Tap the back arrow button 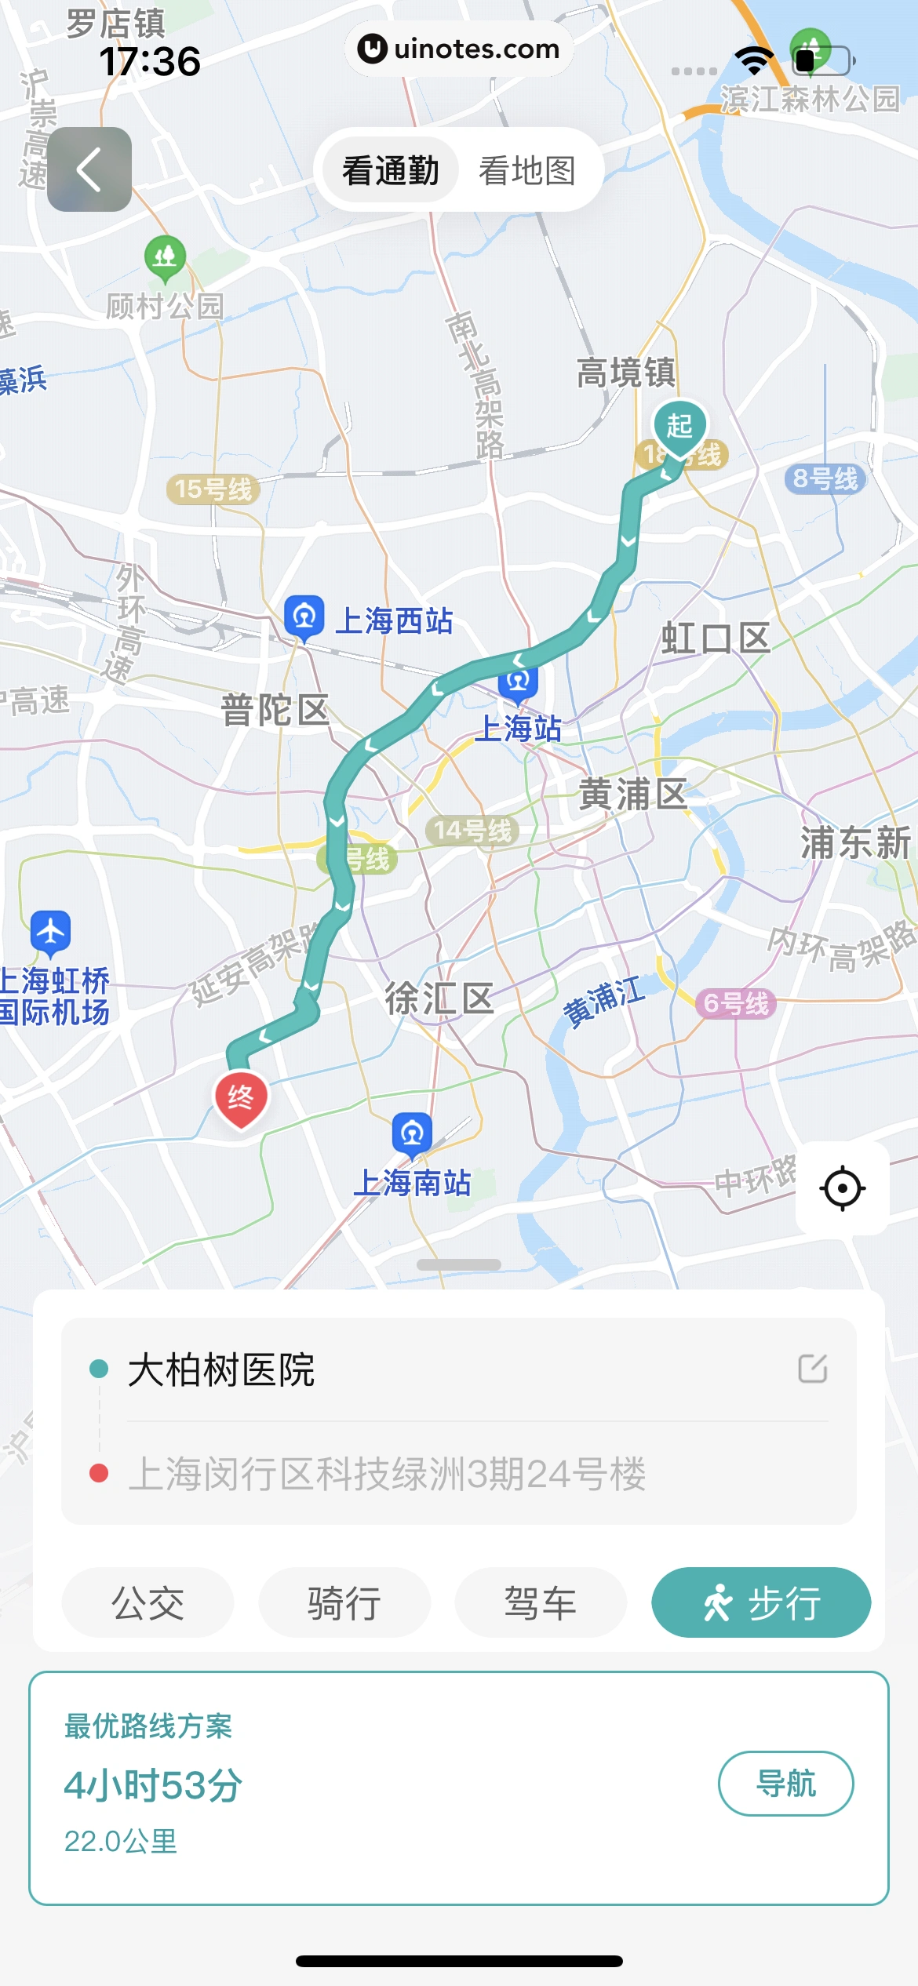point(89,169)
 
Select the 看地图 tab point(527,171)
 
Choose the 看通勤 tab point(390,171)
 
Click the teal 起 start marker point(679,426)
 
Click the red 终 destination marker point(241,1097)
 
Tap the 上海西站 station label point(394,621)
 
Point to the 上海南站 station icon point(412,1133)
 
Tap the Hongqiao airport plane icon point(51,932)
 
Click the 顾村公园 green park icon point(165,256)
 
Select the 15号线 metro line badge point(213,489)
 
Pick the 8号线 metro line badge point(825,478)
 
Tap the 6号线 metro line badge point(736,1003)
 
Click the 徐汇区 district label point(439,998)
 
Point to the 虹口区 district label point(716,638)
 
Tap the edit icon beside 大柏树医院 point(812,1369)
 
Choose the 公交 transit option point(148,1603)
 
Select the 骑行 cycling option point(344,1603)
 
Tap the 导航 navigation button point(785,1784)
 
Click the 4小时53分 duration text point(153,1785)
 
